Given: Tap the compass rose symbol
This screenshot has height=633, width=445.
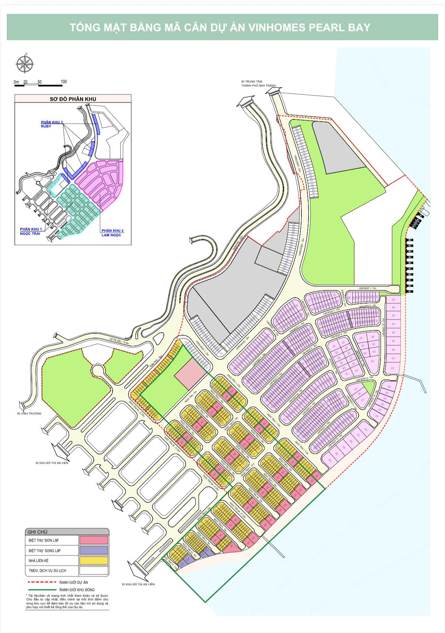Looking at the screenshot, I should click(x=25, y=63).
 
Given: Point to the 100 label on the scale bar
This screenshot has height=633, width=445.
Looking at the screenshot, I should click(x=63, y=82).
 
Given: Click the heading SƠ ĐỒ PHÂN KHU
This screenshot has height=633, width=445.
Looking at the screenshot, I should click(x=73, y=99).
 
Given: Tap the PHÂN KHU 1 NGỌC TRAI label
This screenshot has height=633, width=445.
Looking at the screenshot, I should click(x=31, y=231).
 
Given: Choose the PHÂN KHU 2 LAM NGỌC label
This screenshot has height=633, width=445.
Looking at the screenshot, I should click(x=113, y=233).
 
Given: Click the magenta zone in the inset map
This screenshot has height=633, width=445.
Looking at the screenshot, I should click(x=103, y=181).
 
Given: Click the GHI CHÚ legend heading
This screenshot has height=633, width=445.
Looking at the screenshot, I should click(x=37, y=532).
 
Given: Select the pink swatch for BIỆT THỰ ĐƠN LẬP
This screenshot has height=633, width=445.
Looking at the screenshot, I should click(x=94, y=540).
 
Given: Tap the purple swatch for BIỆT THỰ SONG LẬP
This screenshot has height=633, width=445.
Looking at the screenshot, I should click(x=94, y=550).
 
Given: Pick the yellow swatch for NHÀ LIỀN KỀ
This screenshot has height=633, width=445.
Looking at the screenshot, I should click(x=94, y=560).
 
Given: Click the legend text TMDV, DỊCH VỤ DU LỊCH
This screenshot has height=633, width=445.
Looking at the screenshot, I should click(x=48, y=571).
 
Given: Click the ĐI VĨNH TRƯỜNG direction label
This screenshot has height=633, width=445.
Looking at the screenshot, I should click(x=29, y=414).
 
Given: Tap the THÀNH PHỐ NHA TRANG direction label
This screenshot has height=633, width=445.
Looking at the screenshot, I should click(x=258, y=85).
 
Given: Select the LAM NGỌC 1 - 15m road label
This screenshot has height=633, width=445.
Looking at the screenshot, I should click(x=366, y=288).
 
